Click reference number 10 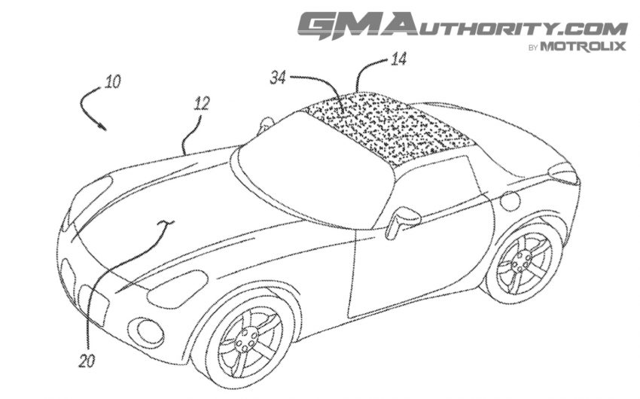pos(113,81)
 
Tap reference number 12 pos(201,104)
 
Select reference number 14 pos(398,59)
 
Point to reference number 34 pos(278,78)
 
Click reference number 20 pos(87,361)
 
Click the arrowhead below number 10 pos(102,126)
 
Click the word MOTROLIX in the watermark pos(583,46)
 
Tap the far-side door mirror pos(266,123)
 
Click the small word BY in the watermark pos(533,48)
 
